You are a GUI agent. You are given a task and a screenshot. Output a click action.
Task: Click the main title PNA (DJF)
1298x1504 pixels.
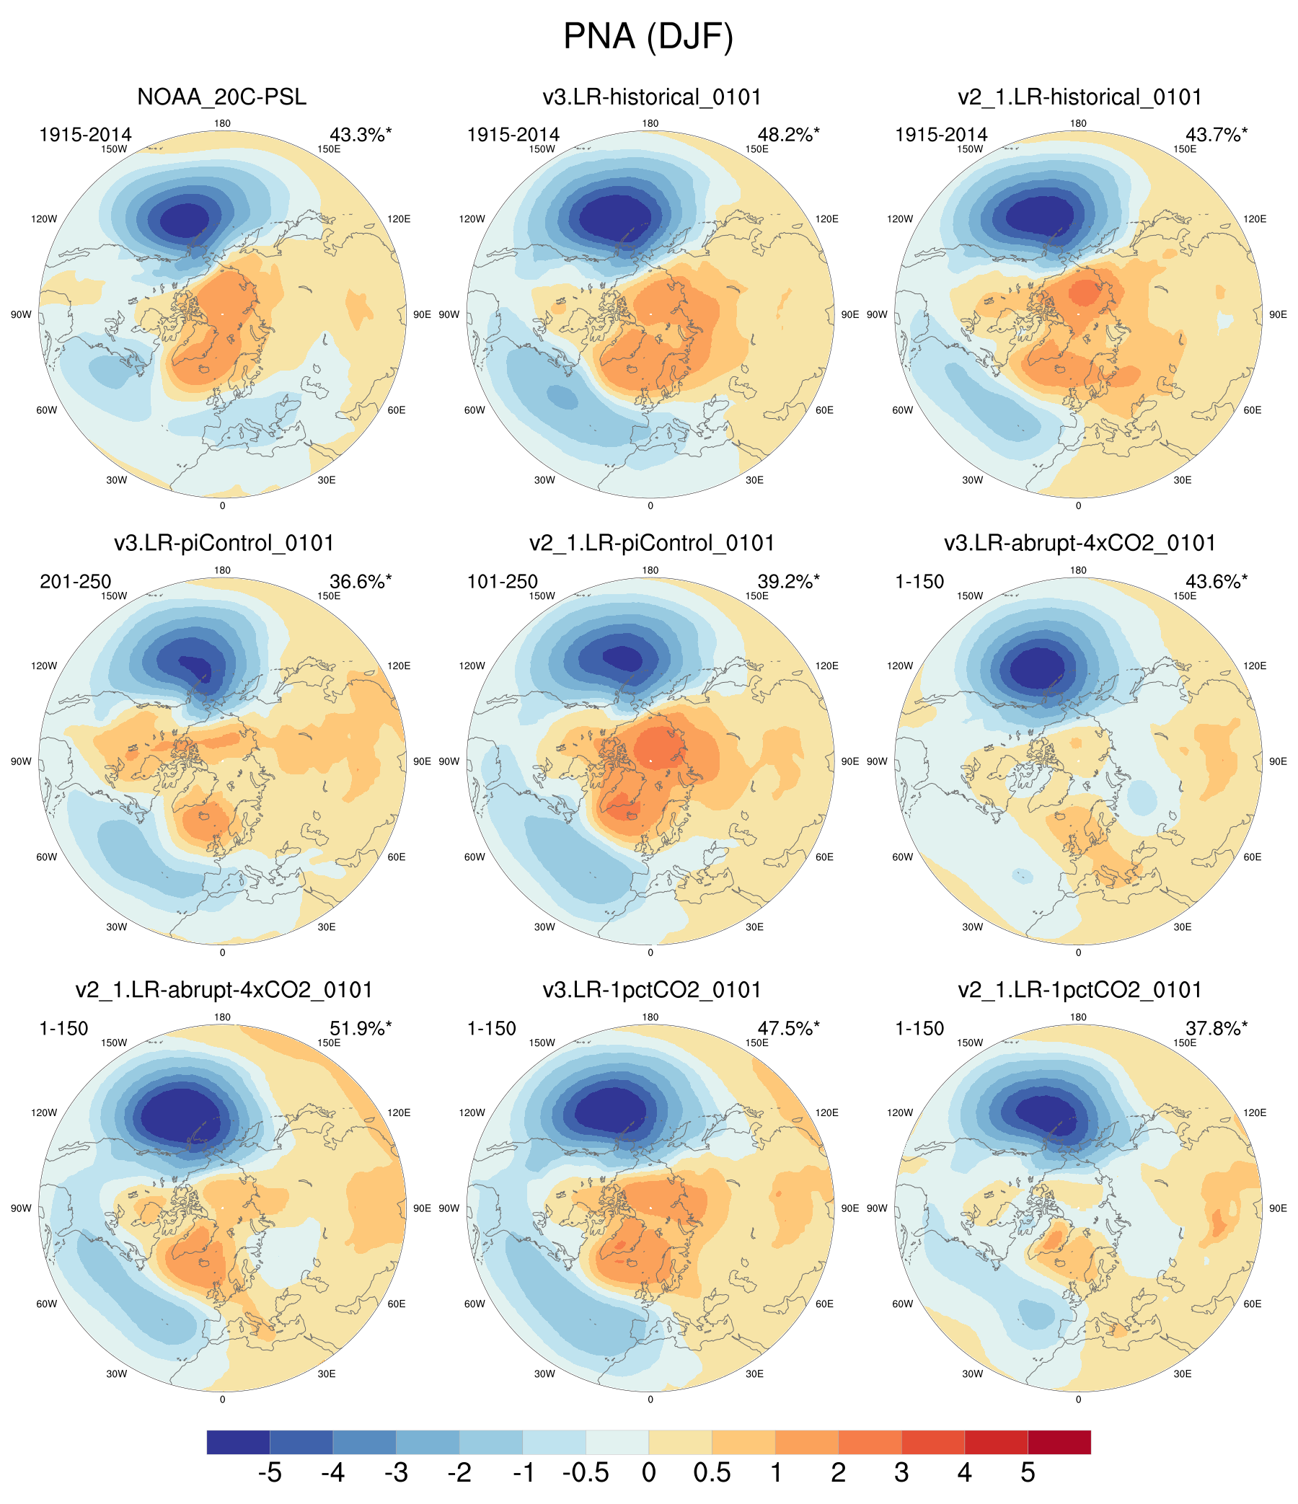pos(648,36)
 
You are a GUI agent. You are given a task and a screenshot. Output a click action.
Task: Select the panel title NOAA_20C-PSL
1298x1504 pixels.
pos(221,97)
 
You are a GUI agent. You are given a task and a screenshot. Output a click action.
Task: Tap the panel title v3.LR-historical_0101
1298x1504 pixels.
pos(651,97)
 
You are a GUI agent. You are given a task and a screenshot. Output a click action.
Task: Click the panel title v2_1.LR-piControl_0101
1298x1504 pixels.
pos(651,543)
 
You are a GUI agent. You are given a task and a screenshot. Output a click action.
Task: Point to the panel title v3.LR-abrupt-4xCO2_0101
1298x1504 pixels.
pos(1080,543)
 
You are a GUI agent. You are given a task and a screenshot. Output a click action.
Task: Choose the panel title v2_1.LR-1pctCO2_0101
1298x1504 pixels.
pos(1080,989)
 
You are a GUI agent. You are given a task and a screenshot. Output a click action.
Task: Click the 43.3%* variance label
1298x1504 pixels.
pos(360,134)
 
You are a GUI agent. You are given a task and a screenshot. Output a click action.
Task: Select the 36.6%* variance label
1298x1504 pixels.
pos(360,581)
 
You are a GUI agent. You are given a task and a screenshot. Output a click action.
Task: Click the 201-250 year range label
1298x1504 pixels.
pos(76,581)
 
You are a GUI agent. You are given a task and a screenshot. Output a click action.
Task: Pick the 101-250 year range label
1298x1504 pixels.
pos(503,581)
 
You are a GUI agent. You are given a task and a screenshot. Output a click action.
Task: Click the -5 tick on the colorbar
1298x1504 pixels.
pos(269,1473)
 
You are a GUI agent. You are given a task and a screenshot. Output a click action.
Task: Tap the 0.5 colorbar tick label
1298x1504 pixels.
pos(712,1473)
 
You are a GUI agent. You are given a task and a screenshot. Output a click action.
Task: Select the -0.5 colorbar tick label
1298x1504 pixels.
pos(585,1473)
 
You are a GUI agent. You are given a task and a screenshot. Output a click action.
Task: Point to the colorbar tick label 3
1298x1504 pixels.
pos(901,1473)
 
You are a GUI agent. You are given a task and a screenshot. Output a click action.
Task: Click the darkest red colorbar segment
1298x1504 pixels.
pos(1059,1441)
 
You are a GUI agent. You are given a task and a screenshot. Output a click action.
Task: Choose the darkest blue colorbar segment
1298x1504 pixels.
pos(238,1441)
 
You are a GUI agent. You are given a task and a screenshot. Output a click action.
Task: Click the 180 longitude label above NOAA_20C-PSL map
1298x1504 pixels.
pos(222,123)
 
